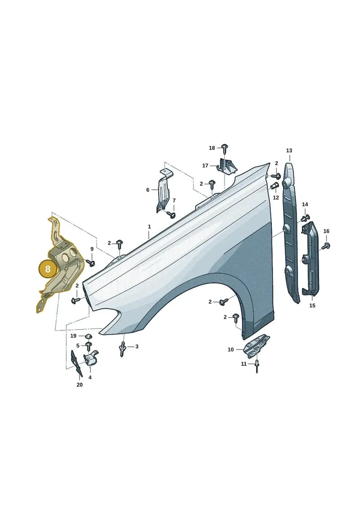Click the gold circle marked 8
[x=48, y=269]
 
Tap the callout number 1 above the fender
[x=149, y=226]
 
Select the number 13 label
[x=289, y=150]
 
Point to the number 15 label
[x=312, y=306]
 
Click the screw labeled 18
[x=225, y=148]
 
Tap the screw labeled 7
[x=171, y=214]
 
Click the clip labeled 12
[x=274, y=187]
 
